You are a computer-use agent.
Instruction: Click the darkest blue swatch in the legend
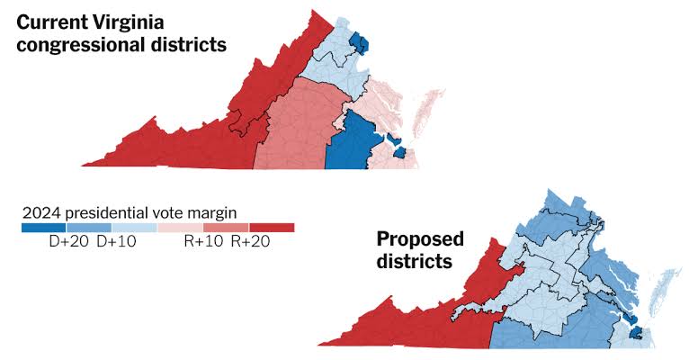(44, 228)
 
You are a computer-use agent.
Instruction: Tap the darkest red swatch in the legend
(272, 228)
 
